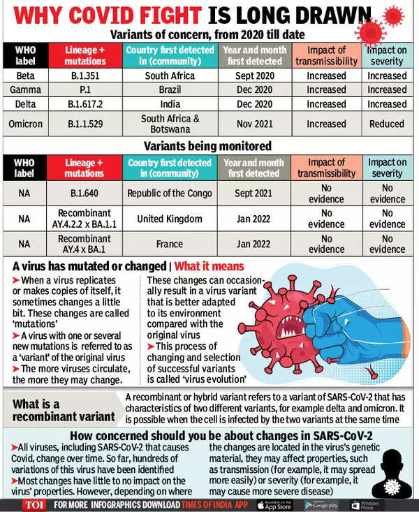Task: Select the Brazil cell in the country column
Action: [171, 89]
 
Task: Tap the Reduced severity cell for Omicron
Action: [387, 124]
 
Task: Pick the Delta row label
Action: [24, 104]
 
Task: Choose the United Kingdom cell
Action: [171, 219]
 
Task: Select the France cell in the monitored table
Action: [171, 244]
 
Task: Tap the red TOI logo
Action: [30, 504]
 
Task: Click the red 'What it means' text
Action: [209, 266]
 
